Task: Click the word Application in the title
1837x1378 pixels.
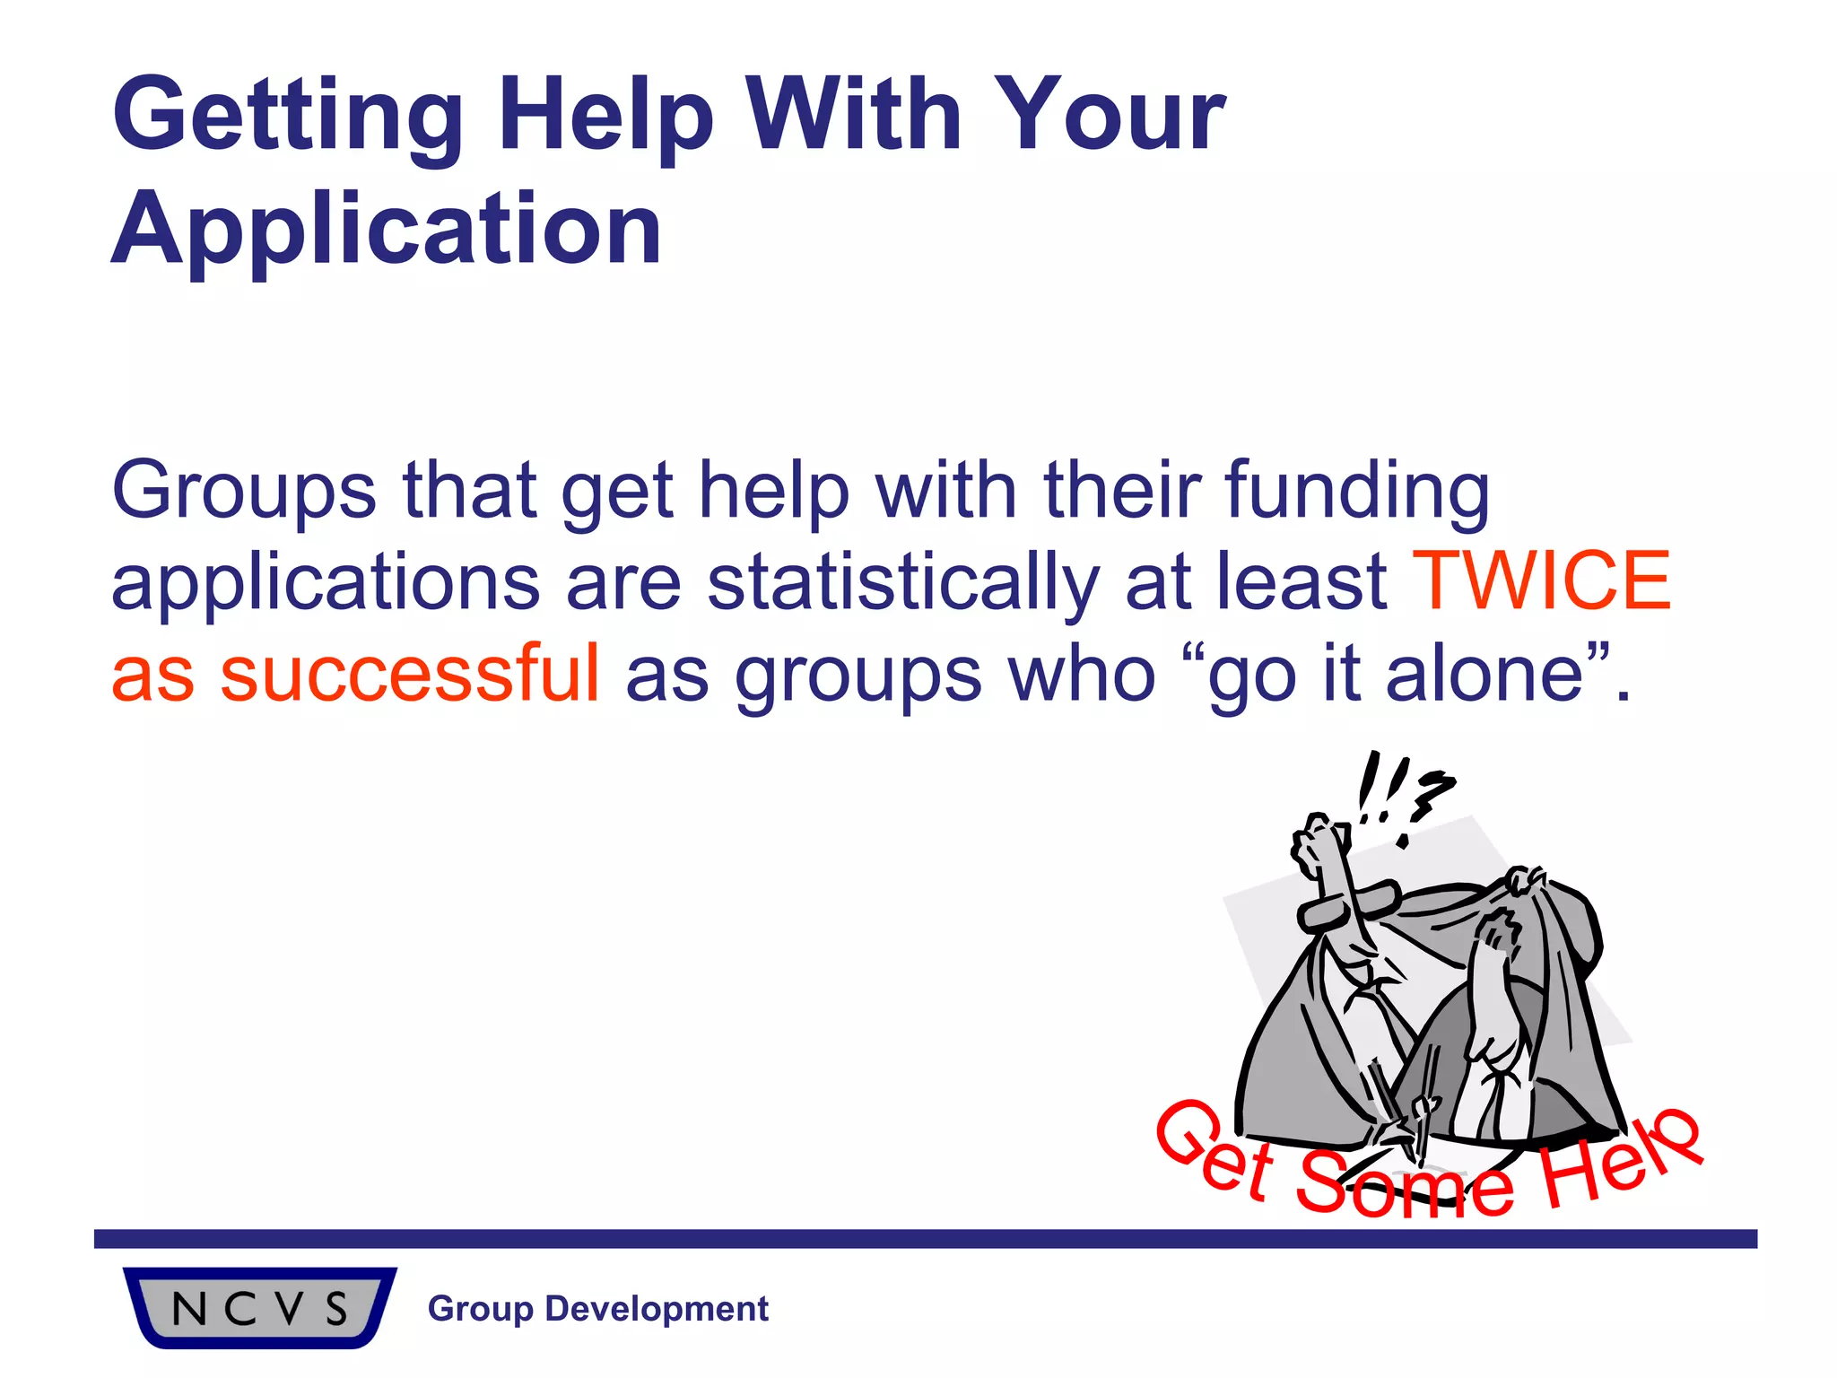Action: [x=386, y=231]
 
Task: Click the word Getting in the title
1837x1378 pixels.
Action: [x=287, y=117]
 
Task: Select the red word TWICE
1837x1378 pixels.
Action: [x=1542, y=581]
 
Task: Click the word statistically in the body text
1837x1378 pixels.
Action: [x=902, y=583]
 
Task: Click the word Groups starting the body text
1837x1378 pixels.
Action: [x=243, y=492]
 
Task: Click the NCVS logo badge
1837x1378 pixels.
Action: [x=259, y=1307]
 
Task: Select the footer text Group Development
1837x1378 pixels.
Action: [x=598, y=1309]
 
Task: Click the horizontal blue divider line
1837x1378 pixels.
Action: [x=924, y=1239]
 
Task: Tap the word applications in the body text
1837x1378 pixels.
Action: [x=325, y=583]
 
